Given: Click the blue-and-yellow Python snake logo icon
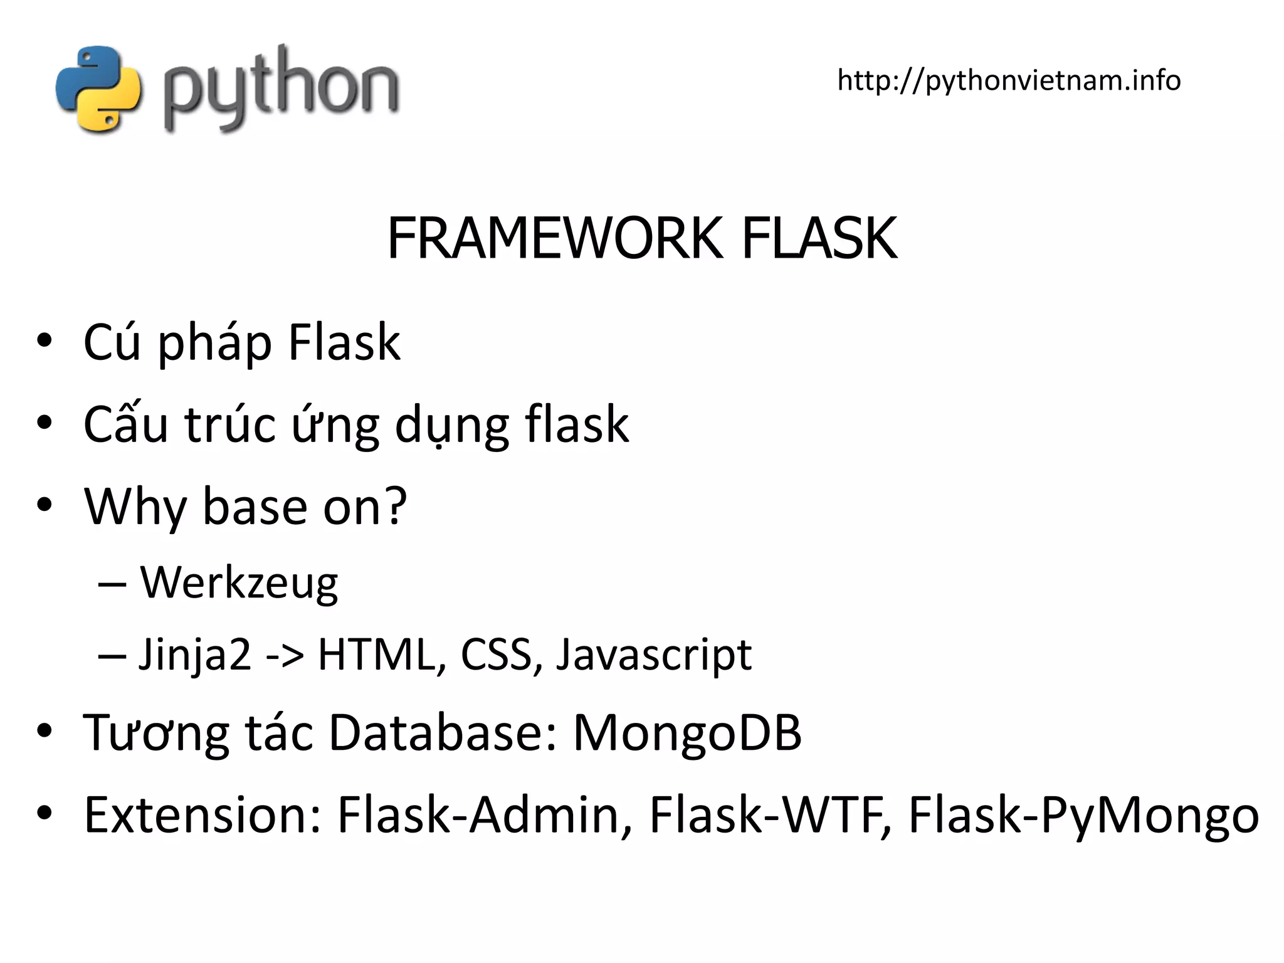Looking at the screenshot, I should coord(99,89).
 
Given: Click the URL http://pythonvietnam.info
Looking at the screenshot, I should coord(1009,80).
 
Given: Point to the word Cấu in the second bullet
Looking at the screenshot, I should coord(126,424).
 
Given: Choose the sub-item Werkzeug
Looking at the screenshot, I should coord(239,582).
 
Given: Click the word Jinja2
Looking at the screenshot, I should coord(194,655).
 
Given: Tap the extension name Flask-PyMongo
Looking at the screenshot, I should coord(1083,816).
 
